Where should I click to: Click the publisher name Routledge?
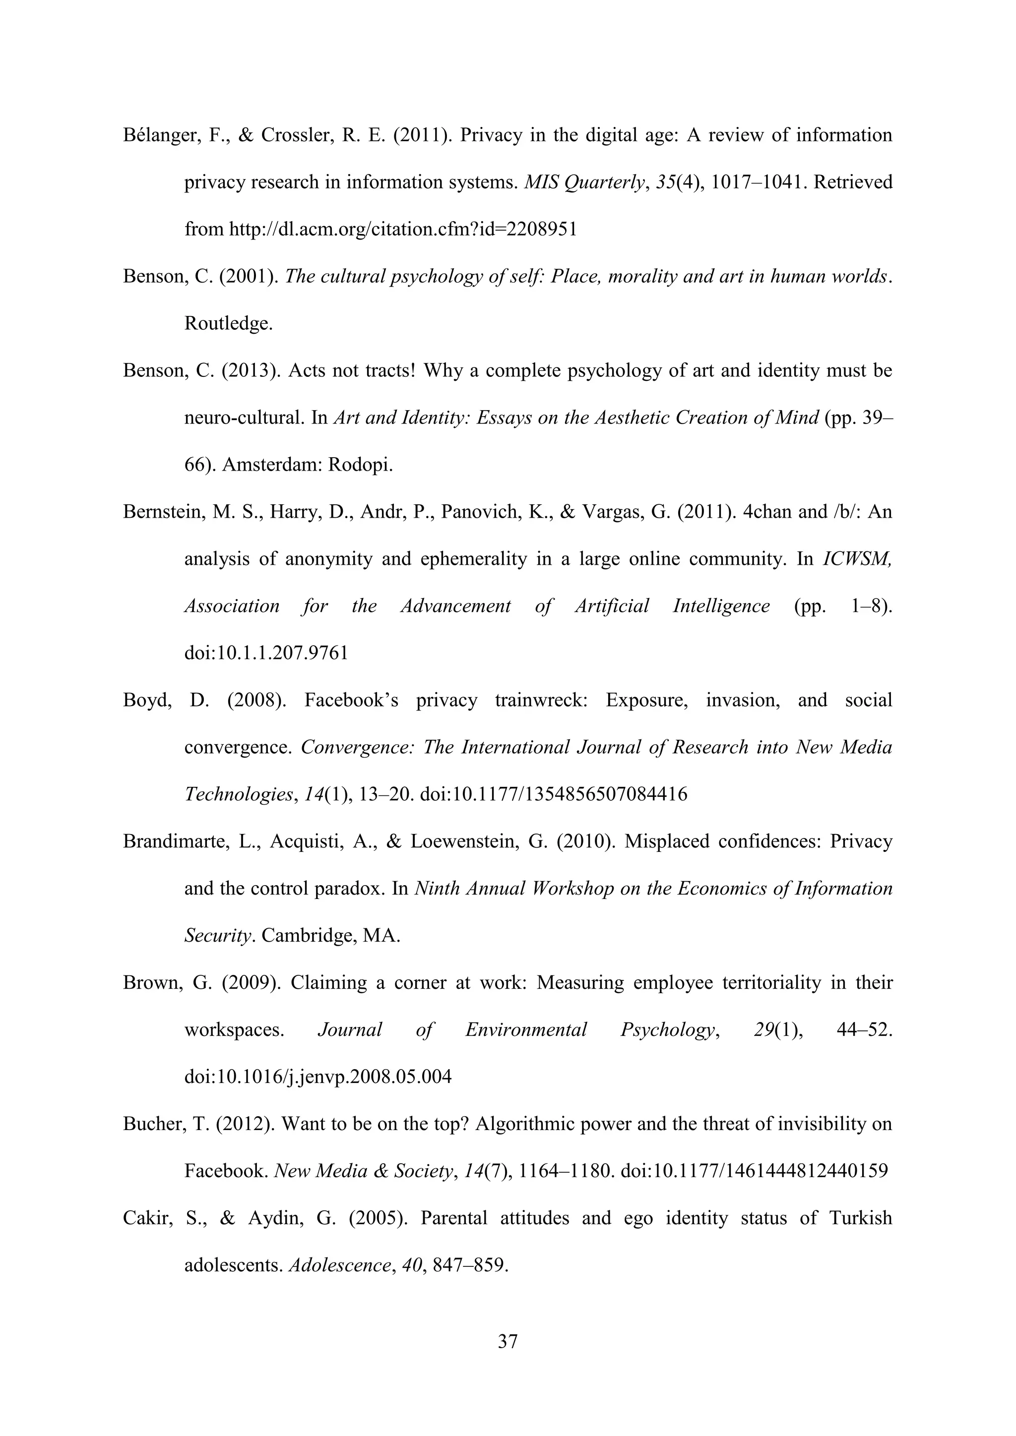tap(228, 324)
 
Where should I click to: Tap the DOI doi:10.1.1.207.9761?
tap(266, 654)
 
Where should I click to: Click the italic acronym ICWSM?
tap(856, 559)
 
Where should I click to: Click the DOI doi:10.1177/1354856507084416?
tap(554, 795)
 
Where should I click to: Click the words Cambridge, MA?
tap(330, 936)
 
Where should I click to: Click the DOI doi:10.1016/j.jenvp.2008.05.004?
tap(318, 1077)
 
